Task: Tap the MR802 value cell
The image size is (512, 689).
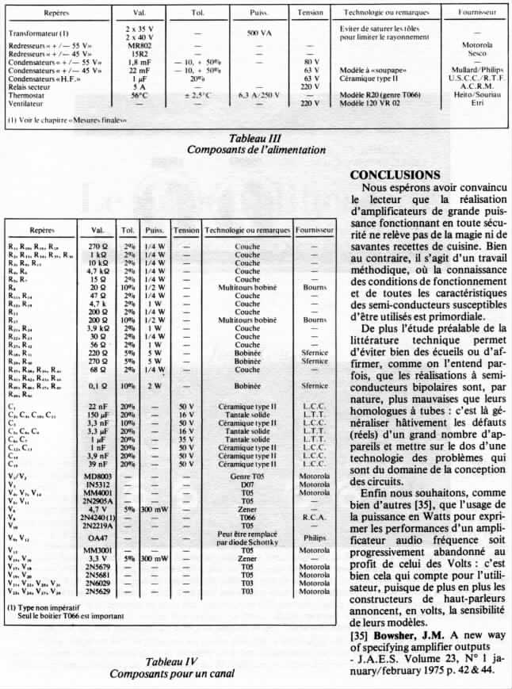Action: point(139,45)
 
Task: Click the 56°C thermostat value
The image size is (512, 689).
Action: point(139,95)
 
